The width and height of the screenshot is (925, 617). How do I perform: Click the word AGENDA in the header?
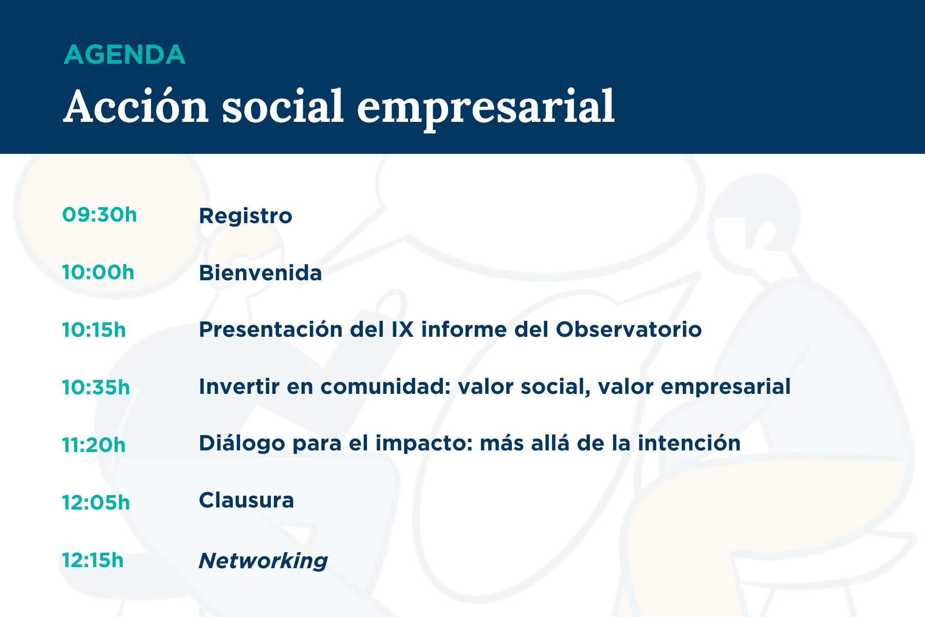[x=124, y=55]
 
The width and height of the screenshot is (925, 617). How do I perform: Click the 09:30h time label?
[x=100, y=215]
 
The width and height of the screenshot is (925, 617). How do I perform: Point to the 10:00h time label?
[x=98, y=273]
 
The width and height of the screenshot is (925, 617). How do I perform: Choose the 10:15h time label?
[x=94, y=330]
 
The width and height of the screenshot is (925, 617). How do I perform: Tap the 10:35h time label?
[x=96, y=387]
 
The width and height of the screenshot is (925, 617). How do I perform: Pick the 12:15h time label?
[x=93, y=560]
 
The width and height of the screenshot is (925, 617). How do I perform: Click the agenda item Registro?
[x=246, y=216]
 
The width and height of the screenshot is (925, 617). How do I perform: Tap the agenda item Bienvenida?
[x=261, y=273]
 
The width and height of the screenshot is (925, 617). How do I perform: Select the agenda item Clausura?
[x=247, y=500]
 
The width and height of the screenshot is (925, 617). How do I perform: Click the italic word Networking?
[x=263, y=560]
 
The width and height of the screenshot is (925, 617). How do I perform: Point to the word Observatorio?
[x=629, y=330]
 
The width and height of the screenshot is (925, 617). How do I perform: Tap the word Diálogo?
[x=242, y=444]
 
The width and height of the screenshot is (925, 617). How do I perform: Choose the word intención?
[x=689, y=443]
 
